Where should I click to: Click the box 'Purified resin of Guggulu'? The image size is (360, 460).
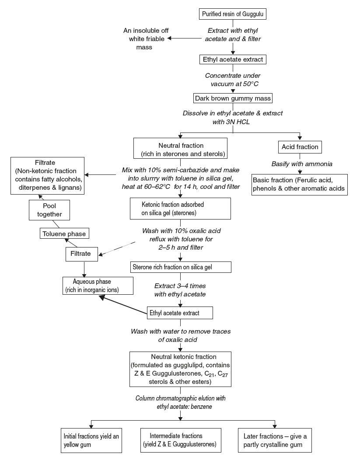[x=233, y=14]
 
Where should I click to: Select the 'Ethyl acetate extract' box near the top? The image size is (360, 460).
[x=233, y=59]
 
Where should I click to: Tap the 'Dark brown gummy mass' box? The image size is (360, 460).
[x=233, y=98]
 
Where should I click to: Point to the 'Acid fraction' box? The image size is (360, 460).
[x=300, y=147]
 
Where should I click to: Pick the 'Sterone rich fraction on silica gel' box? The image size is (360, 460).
[x=180, y=267]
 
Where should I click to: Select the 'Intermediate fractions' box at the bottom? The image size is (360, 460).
[x=179, y=440]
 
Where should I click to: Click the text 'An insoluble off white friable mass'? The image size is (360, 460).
[x=146, y=38]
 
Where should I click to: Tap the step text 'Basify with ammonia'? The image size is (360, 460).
[x=299, y=164]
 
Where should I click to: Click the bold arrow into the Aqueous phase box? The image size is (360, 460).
[x=122, y=305]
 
